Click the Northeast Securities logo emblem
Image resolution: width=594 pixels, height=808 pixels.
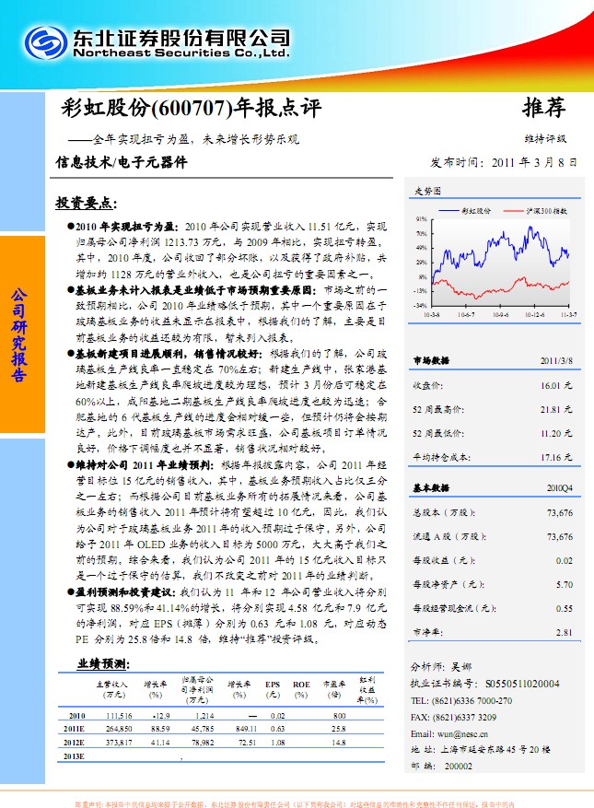[46, 44]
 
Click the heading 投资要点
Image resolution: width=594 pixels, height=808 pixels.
[85, 202]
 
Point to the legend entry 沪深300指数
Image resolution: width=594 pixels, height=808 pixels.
[546, 211]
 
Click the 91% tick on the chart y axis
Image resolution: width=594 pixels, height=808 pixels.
[421, 219]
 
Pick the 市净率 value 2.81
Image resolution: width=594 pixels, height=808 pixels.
[564, 632]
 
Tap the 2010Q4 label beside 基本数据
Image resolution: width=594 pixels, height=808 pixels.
[559, 488]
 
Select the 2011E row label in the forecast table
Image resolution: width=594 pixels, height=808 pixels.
[76, 728]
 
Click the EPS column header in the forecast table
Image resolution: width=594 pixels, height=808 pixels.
[273, 685]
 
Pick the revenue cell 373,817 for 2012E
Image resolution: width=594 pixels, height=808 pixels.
[118, 742]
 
